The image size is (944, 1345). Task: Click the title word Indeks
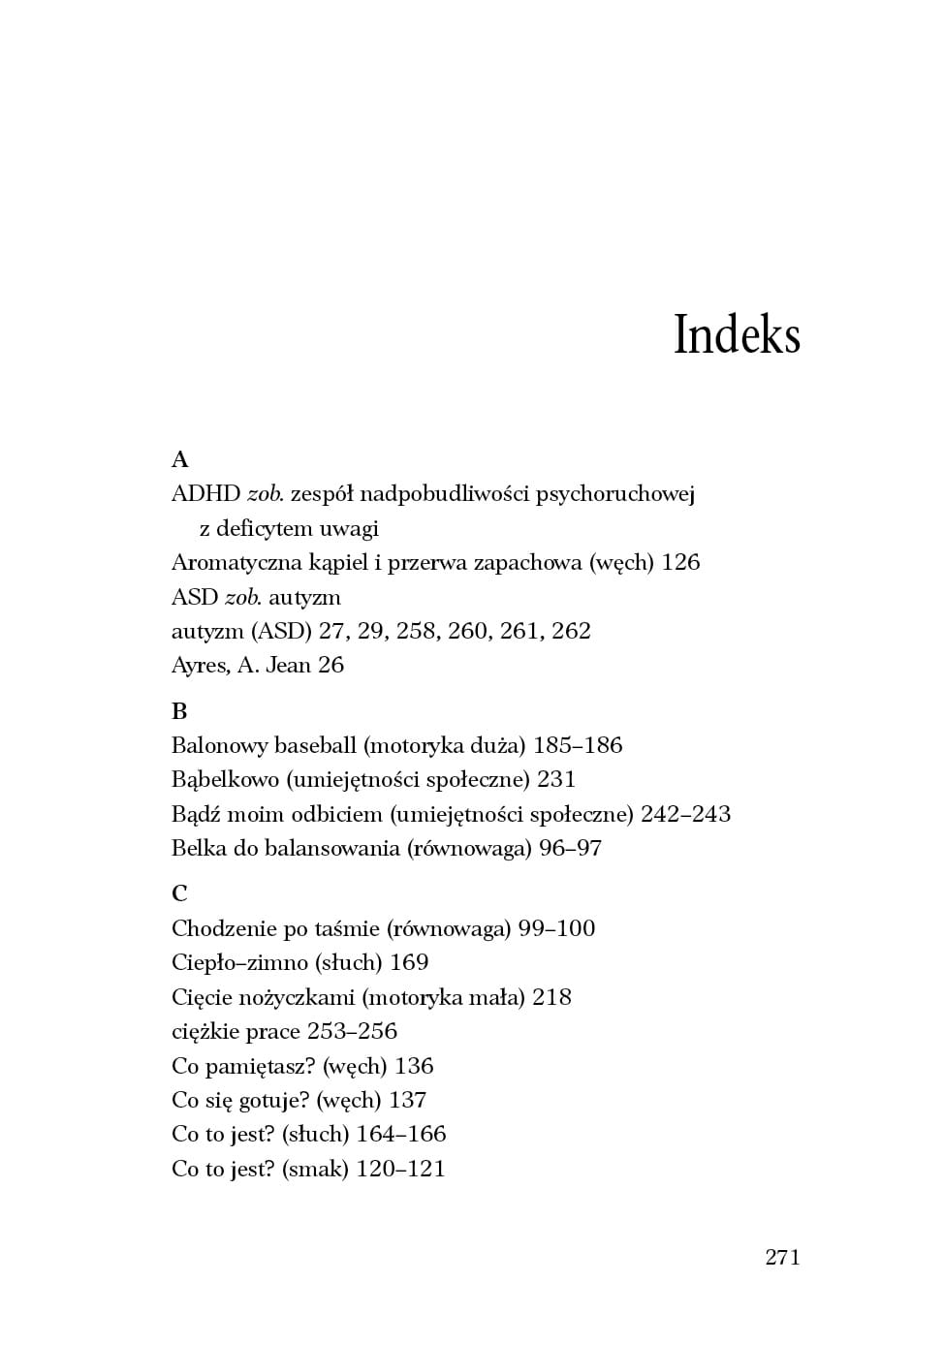pyautogui.click(x=737, y=335)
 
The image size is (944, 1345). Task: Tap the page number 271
pyautogui.click(x=782, y=1257)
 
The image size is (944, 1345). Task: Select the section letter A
pyautogui.click(x=179, y=459)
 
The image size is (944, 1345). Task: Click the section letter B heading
pyautogui.click(x=179, y=711)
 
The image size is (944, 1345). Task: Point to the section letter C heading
pyautogui.click(x=179, y=893)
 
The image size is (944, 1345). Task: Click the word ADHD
pyautogui.click(x=205, y=494)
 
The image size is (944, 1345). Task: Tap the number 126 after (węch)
pyautogui.click(x=680, y=563)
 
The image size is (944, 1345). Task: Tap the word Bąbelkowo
pyautogui.click(x=225, y=780)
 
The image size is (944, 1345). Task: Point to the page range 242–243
pyautogui.click(x=685, y=814)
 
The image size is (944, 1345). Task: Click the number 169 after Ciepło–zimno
pyautogui.click(x=409, y=963)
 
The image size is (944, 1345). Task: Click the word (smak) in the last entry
pyautogui.click(x=315, y=1170)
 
